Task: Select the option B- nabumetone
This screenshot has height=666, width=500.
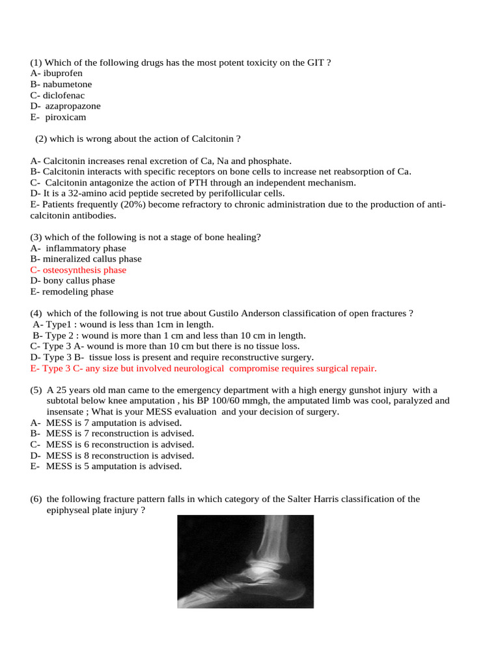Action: [61, 85]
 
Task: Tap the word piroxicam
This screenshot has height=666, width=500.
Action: [66, 118]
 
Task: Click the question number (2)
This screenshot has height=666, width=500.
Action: [42, 139]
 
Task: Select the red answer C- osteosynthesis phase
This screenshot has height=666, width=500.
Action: [78, 270]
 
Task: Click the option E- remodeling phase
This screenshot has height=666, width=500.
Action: [72, 292]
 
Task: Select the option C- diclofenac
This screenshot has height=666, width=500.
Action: [57, 96]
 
